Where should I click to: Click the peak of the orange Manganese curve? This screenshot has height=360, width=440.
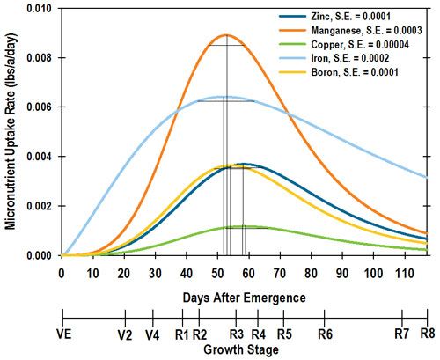tap(226, 35)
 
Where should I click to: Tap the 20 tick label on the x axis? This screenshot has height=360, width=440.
tap(124, 271)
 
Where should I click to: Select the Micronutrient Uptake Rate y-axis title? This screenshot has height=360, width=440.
tap(11, 132)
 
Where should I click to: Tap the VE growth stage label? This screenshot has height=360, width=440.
tap(62, 335)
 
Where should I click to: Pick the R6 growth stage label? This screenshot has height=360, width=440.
tap(324, 335)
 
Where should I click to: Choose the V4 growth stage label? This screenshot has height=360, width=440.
tap(153, 335)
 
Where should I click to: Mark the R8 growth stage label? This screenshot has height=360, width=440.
tap(428, 335)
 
